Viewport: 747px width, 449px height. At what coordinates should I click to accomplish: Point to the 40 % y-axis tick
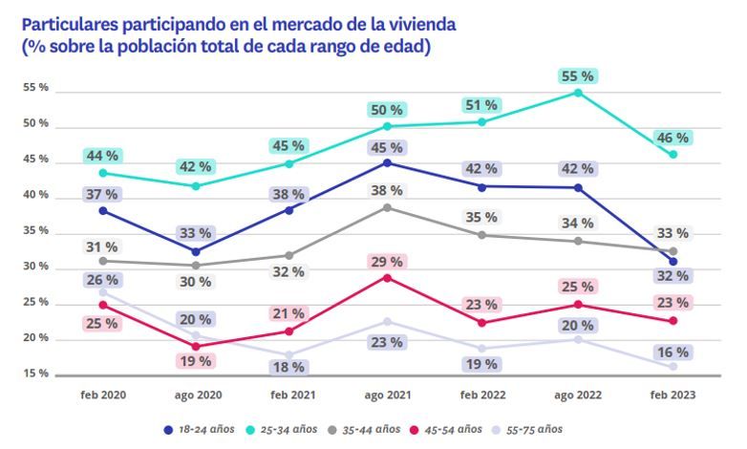pos(36,196)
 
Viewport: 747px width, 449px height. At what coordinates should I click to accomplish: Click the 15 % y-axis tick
pos(36,374)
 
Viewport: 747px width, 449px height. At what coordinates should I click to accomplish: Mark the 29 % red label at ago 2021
pos(388,262)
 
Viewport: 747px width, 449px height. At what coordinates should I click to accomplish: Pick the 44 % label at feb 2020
pos(102,156)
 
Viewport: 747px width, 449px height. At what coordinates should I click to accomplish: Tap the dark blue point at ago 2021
pos(387,163)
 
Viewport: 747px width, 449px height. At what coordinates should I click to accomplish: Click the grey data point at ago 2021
pos(387,207)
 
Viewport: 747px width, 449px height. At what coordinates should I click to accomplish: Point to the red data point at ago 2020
pos(196,347)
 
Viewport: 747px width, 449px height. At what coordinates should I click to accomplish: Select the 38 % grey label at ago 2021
pos(388,191)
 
